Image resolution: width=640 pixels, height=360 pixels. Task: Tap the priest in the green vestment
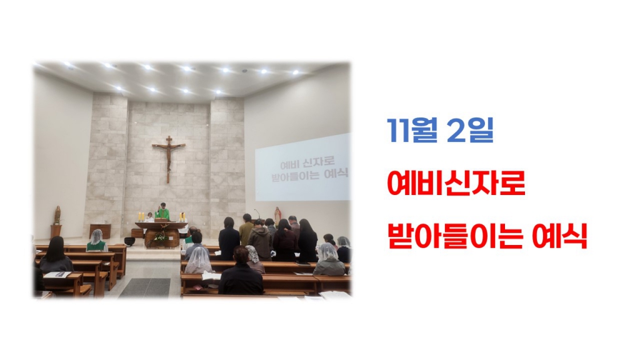(162, 212)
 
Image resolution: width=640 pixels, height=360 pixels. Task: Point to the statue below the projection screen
(277, 215)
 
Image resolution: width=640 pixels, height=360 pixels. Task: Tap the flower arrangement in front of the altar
(161, 236)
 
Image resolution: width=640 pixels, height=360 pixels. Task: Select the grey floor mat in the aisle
(146, 287)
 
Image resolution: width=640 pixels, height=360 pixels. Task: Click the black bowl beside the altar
(130, 241)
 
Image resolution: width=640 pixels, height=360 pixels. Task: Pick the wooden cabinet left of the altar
(100, 231)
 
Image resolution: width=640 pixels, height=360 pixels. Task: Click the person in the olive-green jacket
(246, 232)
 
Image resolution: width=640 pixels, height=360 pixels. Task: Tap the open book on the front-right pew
(211, 276)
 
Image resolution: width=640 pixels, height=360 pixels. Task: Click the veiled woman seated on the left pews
(96, 241)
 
